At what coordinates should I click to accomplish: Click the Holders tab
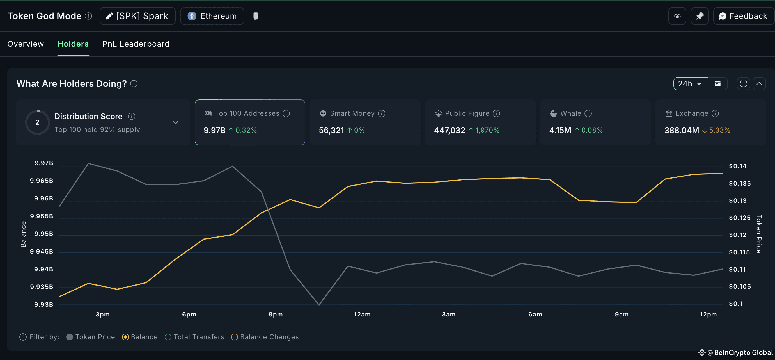point(73,44)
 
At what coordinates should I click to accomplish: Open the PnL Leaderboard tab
point(136,44)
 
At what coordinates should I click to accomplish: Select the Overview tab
point(26,44)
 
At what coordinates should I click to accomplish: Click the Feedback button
point(743,16)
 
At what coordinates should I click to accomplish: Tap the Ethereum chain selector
point(212,16)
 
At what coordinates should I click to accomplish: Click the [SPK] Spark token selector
point(137,16)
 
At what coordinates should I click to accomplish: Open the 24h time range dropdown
point(690,84)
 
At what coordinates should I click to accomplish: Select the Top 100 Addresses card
point(250,122)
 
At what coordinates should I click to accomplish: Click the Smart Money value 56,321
point(331,130)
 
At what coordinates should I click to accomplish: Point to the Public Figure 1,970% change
point(487,130)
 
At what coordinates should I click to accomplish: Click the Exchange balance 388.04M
point(682,130)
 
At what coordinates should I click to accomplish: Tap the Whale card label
point(570,113)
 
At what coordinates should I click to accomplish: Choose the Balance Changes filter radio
point(234,337)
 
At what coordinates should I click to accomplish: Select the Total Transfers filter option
point(168,337)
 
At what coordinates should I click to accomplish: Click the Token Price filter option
point(70,337)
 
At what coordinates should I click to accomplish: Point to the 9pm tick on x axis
point(276,314)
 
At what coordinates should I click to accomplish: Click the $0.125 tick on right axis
point(739,218)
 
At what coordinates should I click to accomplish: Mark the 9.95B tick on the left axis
point(43,234)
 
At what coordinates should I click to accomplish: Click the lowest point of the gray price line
point(319,305)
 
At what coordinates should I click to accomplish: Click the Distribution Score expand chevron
point(176,122)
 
